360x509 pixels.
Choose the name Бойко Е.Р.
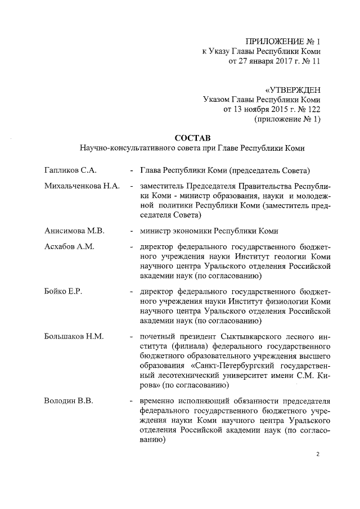[64, 291]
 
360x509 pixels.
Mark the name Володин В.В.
[68, 401]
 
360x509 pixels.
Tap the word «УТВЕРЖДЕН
[292, 89]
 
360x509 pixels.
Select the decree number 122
[313, 109]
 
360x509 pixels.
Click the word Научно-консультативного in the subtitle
[123, 148]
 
